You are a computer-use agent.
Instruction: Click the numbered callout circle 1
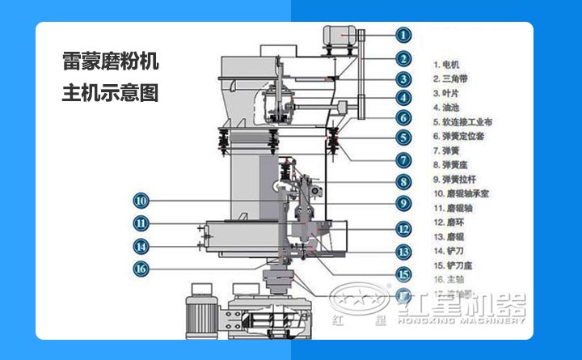(x=403, y=35)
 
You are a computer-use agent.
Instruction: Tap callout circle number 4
(x=403, y=98)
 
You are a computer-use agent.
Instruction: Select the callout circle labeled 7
(x=403, y=160)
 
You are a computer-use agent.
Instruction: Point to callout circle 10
(x=141, y=200)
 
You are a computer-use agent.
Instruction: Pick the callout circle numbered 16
(x=141, y=268)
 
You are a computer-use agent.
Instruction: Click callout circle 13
(x=403, y=252)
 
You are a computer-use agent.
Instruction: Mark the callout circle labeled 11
(x=141, y=223)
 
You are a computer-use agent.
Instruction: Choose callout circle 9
(x=403, y=203)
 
